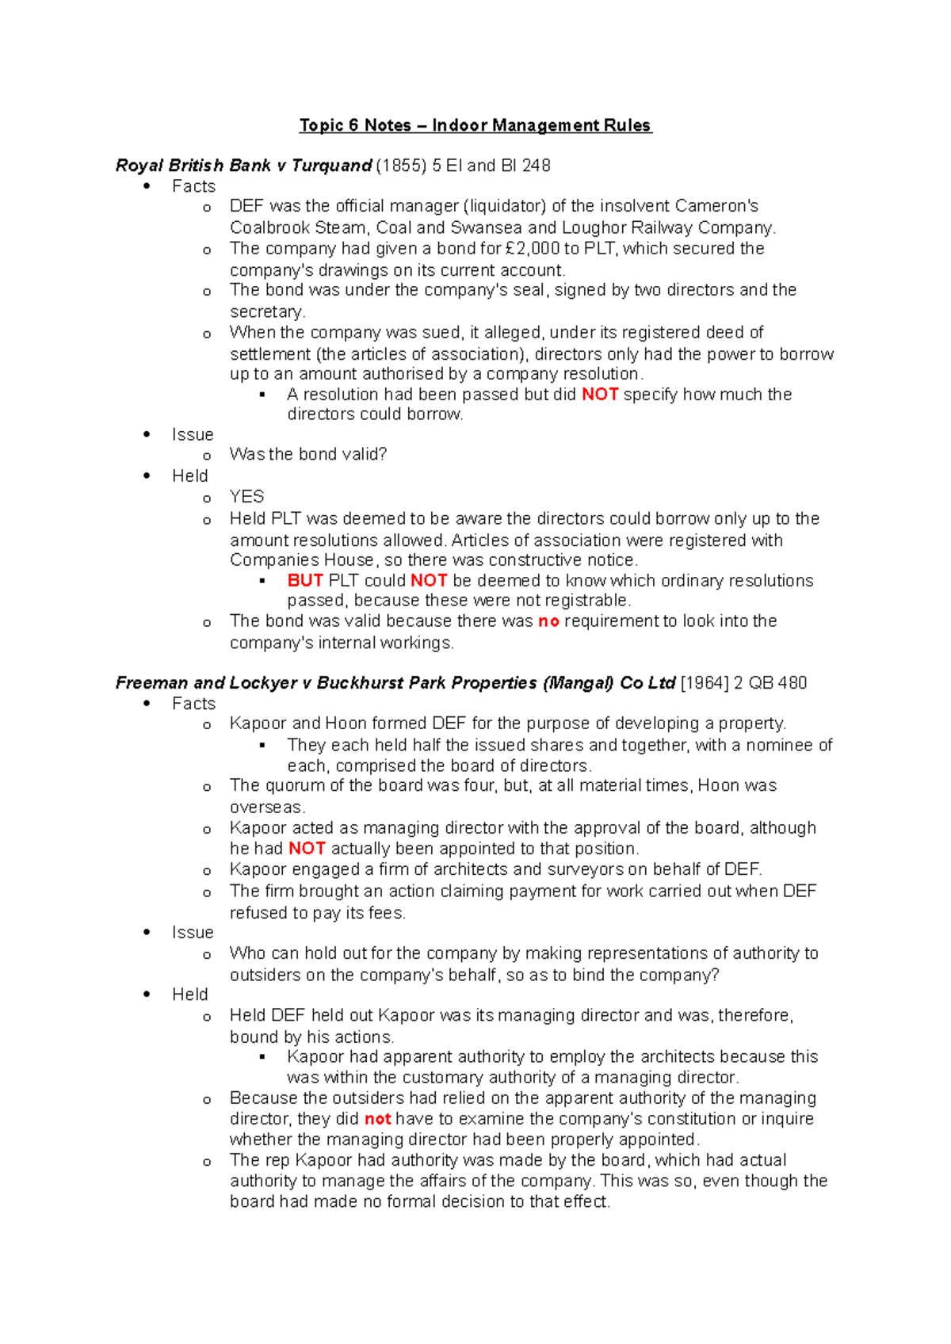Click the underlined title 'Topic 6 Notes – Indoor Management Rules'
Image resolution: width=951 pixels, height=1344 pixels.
[x=475, y=125]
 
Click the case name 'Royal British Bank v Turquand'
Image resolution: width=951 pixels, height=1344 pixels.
[x=243, y=166]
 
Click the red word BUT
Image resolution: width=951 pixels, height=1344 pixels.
[x=305, y=581]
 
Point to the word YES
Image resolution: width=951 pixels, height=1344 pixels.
[x=246, y=497]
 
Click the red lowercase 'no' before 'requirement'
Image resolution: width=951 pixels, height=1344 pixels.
[x=548, y=621]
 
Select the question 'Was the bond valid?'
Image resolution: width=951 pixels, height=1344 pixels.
[x=308, y=455]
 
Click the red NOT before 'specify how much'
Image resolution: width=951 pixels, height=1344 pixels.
[x=600, y=395]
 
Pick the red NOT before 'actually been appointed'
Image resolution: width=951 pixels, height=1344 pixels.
[x=307, y=849]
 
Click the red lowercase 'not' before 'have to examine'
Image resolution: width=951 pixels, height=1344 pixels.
[x=377, y=1119]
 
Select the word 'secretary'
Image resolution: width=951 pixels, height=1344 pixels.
[x=265, y=311]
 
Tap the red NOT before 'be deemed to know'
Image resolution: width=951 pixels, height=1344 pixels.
[x=429, y=581]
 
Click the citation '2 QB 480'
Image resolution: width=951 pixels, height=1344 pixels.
[x=770, y=683]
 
